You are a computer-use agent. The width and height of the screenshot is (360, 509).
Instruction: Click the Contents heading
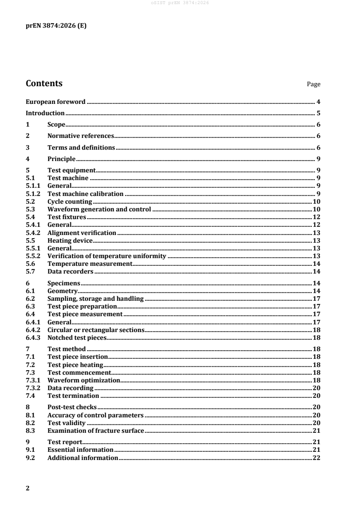[x=44, y=83]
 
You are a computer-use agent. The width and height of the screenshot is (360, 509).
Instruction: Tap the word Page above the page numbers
[x=314, y=84]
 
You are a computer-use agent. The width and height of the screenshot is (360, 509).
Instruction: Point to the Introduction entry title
[x=45, y=113]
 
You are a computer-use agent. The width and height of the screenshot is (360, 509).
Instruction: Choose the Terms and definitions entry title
[x=81, y=147]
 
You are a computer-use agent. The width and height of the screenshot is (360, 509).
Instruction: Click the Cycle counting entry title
[x=69, y=201]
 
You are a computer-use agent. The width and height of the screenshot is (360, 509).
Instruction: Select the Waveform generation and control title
[x=99, y=210]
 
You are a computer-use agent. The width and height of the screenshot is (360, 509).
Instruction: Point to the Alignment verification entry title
[x=82, y=233]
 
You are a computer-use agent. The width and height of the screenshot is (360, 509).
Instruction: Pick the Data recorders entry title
[x=70, y=272]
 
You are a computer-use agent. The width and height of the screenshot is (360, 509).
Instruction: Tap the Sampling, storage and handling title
[x=95, y=299]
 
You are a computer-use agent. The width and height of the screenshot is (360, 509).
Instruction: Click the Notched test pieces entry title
[x=76, y=338]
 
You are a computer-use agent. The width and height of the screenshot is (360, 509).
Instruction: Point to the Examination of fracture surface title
[x=96, y=431]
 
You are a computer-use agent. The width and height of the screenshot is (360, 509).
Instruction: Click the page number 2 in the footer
[x=28, y=488]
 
